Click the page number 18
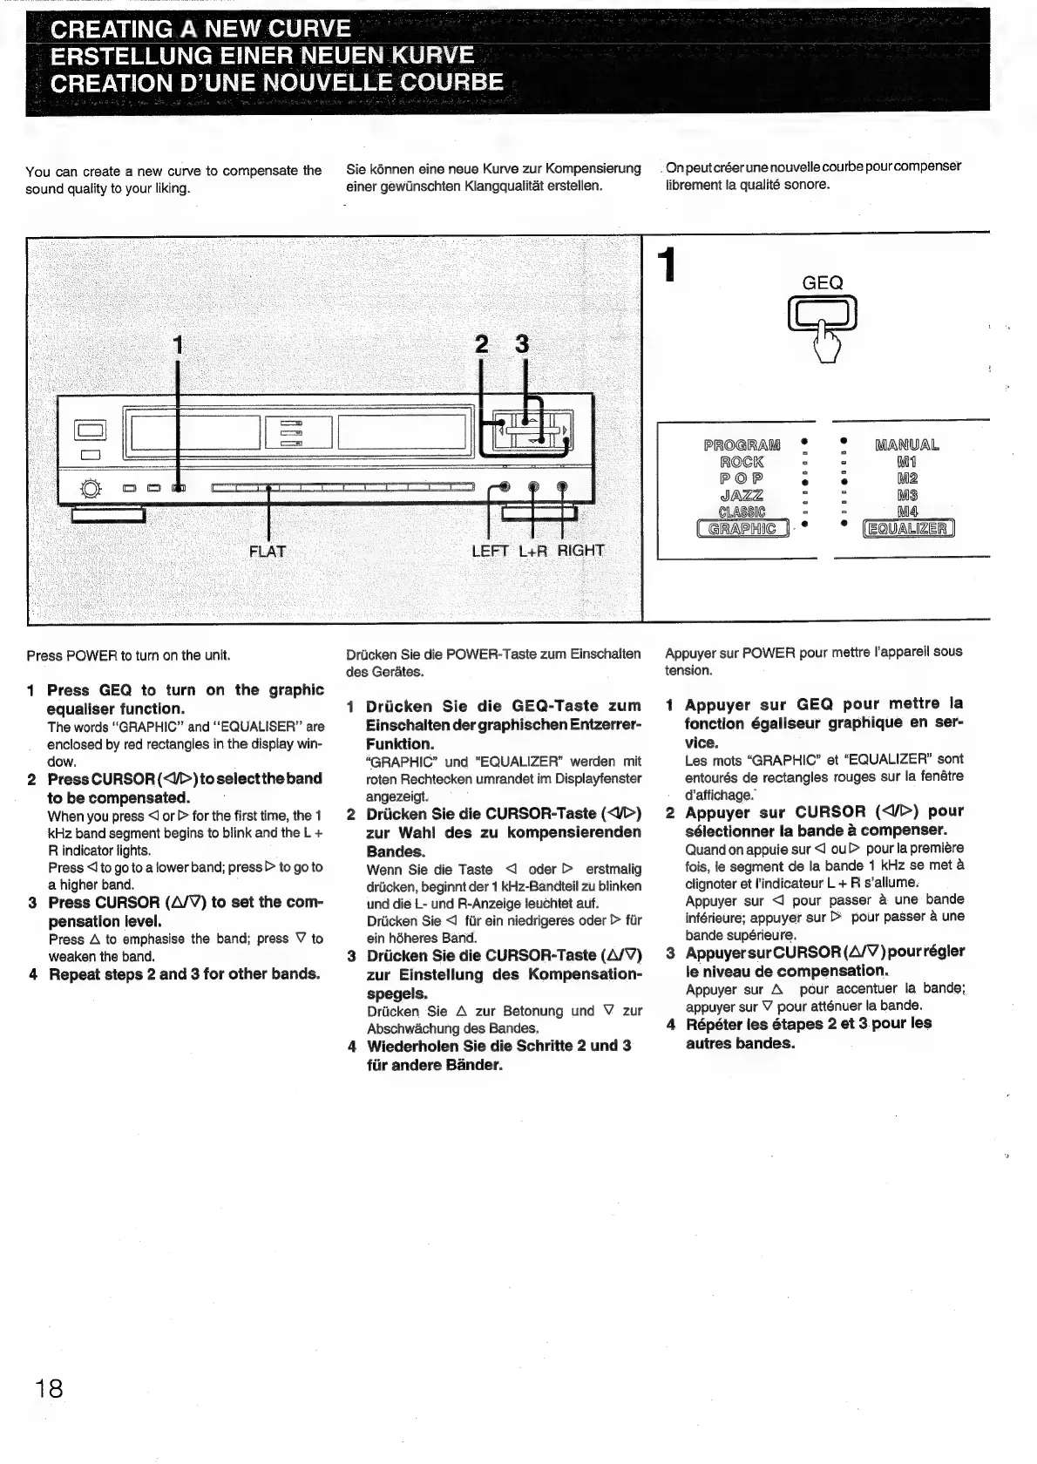pos(50,1386)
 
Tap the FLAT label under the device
pos(267,551)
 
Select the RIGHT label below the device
pos(580,550)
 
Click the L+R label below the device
pos(533,551)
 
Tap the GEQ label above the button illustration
pos(822,283)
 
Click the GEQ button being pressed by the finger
pos(822,312)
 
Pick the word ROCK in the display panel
pos(742,462)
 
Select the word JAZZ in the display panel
pos(742,495)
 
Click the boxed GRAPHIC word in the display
pos(742,528)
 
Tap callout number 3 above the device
pos(522,345)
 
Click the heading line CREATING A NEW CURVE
pos(200,29)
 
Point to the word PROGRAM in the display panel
pos(742,445)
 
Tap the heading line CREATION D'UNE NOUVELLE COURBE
pos(277,83)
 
